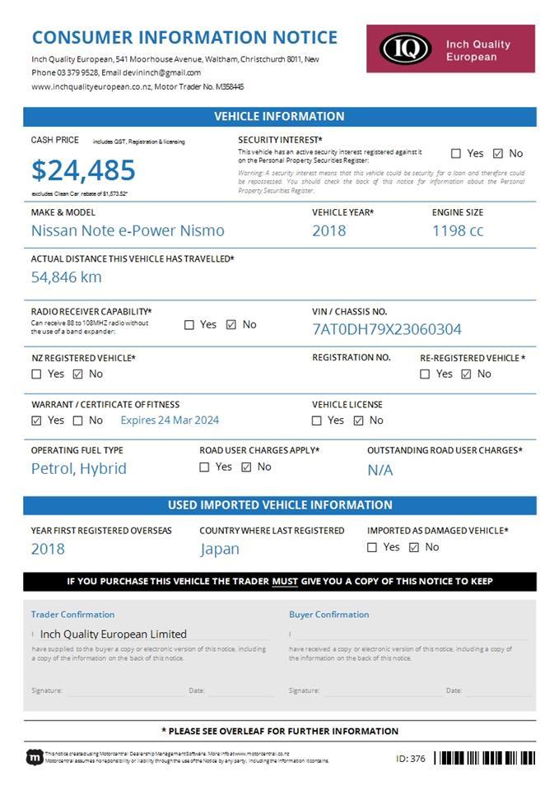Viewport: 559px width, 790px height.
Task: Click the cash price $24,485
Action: (x=83, y=170)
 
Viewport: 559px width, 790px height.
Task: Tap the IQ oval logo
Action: (x=405, y=49)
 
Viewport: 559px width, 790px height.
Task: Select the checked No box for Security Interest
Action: (x=498, y=153)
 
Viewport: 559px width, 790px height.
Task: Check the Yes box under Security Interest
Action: (x=456, y=153)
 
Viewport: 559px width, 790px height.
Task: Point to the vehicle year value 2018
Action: (x=328, y=230)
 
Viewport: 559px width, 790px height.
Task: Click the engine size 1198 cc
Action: (x=458, y=230)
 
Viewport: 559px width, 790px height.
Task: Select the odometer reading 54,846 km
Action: (x=67, y=276)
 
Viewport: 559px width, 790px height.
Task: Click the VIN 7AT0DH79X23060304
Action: (x=387, y=329)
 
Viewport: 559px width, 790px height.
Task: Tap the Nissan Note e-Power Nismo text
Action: (x=128, y=230)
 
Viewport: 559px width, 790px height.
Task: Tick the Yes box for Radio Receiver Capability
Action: (x=189, y=325)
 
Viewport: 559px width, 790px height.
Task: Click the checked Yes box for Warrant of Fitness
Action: (x=36, y=421)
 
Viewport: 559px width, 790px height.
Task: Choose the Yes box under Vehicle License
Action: (x=317, y=421)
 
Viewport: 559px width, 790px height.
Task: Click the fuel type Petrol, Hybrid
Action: (x=79, y=468)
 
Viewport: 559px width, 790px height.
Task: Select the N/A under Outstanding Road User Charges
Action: (x=380, y=470)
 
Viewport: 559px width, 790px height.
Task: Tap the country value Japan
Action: (x=220, y=549)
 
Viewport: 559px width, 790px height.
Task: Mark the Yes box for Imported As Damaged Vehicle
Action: (x=372, y=547)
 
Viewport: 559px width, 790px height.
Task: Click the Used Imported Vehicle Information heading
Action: (x=280, y=505)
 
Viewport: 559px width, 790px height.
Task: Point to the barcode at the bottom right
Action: (x=484, y=758)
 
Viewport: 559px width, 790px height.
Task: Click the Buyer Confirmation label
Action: (x=328, y=615)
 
